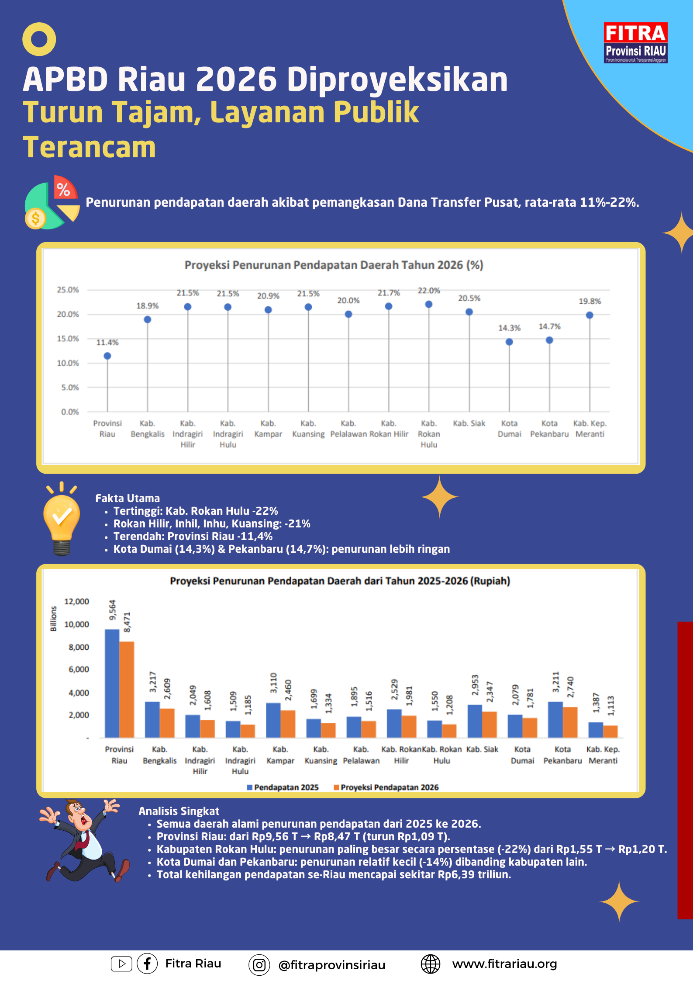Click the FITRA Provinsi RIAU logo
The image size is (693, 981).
635,43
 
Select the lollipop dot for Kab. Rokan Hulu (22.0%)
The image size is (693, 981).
429,304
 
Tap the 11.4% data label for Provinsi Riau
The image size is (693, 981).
107,343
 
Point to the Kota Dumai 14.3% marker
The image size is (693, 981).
509,342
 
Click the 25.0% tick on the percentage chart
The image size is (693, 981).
68,290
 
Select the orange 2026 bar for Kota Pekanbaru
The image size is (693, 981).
570,722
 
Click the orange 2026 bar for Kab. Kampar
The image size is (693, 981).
288,724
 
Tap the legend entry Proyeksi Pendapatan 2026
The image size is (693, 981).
386,787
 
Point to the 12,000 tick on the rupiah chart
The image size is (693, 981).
76,602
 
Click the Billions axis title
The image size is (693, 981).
54,619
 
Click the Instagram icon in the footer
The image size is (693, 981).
259,965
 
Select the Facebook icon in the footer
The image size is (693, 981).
147,964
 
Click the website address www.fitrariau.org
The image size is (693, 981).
504,964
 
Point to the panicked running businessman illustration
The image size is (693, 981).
83,840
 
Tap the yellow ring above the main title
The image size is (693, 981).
39,39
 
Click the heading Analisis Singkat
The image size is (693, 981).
179,811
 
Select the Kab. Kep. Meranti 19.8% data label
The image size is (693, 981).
590,302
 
